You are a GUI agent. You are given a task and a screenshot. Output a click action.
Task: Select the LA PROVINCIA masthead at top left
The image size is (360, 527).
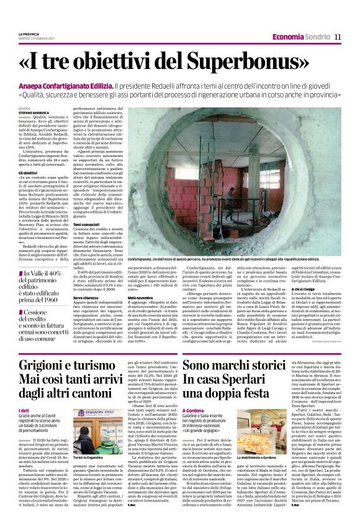point(29,34)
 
